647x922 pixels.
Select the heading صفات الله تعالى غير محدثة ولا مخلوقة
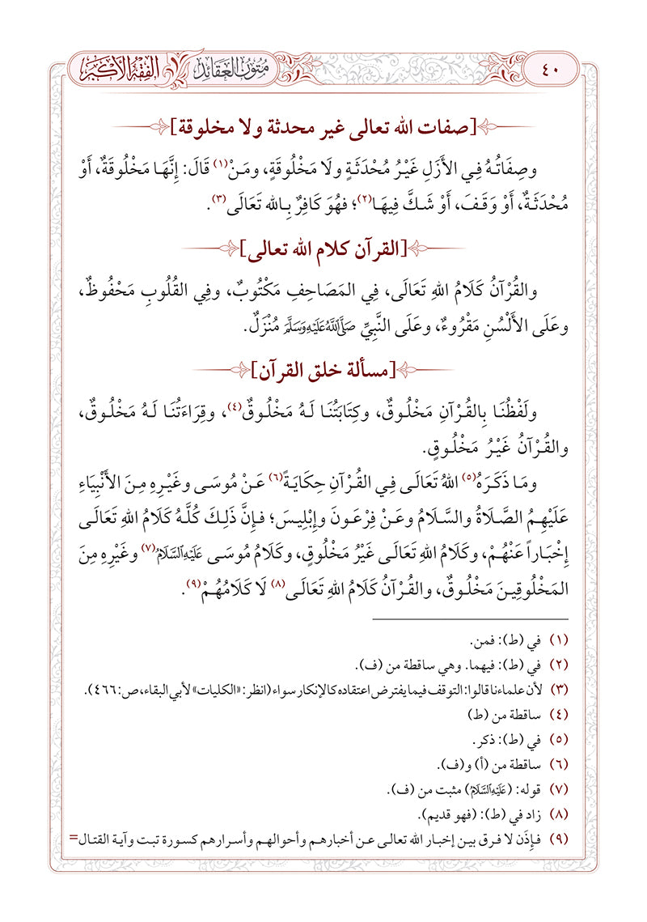point(323,126)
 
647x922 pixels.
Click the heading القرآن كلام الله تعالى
point(323,245)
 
